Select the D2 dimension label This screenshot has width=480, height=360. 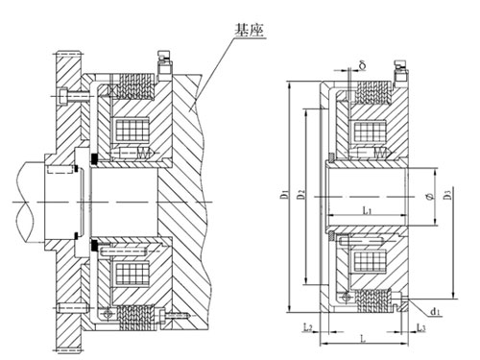tap(301, 197)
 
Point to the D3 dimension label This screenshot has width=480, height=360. tap(449, 198)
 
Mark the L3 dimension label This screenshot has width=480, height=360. tap(422, 329)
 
